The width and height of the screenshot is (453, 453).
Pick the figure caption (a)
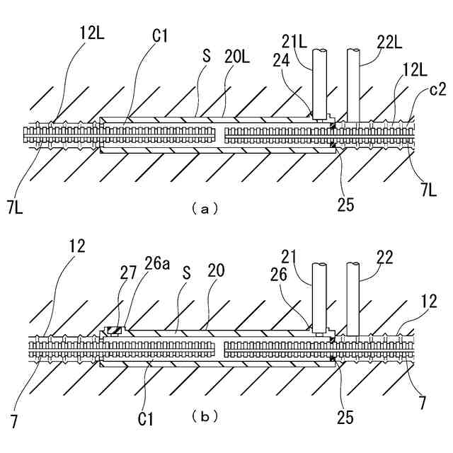click(x=200, y=208)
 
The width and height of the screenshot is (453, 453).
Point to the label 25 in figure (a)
click(x=345, y=205)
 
